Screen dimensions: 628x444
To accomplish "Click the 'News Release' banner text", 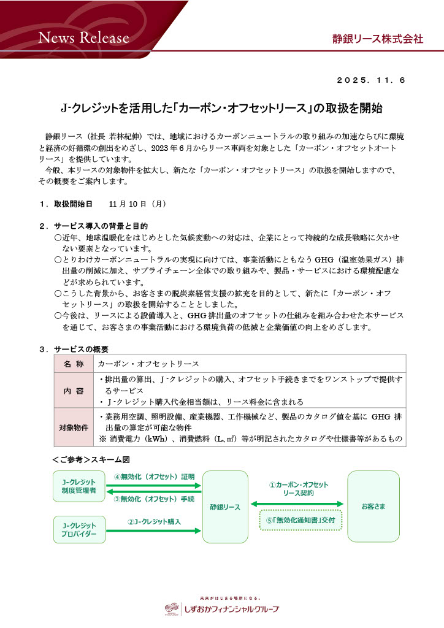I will tap(84, 38).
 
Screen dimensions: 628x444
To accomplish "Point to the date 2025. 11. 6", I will tap(372, 80).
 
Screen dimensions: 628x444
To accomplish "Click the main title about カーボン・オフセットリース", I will tap(222, 109).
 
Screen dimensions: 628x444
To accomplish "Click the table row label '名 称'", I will tap(74, 364).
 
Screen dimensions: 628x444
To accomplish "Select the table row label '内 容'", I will tap(74, 390).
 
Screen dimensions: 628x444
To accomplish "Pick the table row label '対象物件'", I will tap(74, 427).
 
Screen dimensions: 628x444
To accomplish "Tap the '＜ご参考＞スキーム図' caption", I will tap(94, 459).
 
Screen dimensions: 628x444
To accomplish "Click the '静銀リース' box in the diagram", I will tap(225, 507).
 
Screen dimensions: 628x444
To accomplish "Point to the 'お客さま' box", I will tap(373, 507).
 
